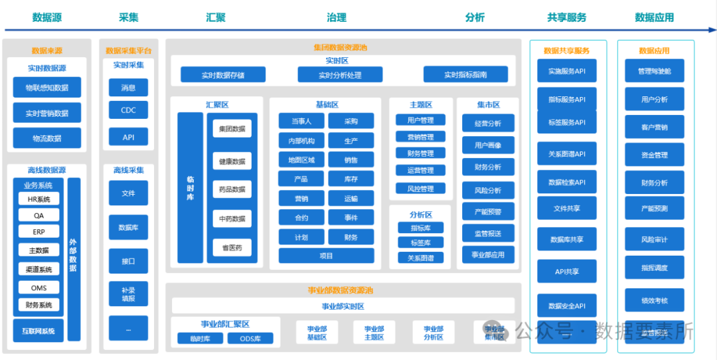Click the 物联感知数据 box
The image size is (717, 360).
click(46, 87)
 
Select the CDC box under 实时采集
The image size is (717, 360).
click(128, 111)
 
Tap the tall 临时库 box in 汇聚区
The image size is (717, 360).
click(190, 189)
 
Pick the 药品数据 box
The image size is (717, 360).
click(232, 189)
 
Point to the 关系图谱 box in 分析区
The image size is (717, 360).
click(420, 258)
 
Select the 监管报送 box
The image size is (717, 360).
click(488, 233)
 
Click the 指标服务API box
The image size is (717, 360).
click(566, 100)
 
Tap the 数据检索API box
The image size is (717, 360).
click(566, 182)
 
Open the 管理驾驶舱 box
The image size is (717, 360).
click(655, 71)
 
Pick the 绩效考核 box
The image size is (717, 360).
click(655, 300)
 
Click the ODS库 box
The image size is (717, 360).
click(250, 339)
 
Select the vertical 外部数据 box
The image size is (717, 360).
click(73, 246)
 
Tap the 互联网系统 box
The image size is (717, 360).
click(38, 330)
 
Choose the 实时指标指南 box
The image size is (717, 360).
click(465, 75)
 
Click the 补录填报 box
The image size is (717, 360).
click(128, 294)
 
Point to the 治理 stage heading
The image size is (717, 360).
click(337, 18)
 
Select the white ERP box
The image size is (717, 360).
click(39, 232)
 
